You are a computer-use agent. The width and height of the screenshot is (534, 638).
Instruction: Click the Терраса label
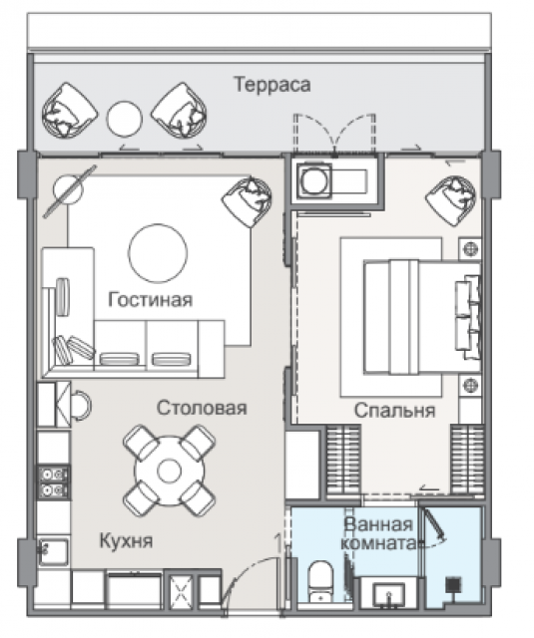pos(272,85)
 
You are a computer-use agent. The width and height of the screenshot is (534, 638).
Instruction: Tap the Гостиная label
pos(151,300)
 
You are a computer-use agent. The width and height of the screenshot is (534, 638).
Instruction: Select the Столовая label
pos(202,408)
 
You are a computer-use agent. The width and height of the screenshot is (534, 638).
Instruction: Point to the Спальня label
pos(394,410)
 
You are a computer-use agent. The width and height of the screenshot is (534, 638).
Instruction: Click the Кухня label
pos(127,541)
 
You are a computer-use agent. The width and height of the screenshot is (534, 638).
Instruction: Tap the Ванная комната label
pos(379,534)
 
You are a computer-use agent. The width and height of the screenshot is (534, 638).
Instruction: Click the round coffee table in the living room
pos(158,252)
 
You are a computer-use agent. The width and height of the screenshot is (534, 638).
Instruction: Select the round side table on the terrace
pos(124,119)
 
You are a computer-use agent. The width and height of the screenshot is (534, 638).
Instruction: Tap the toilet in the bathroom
pos(320,582)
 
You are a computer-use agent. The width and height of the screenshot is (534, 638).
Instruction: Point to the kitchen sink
pos(53,551)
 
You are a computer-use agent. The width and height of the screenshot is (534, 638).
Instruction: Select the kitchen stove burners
pos(53,482)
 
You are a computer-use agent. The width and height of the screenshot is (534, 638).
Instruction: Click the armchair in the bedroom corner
pos(450,201)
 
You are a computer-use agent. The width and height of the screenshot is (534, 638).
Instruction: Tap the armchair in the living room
pos(247,201)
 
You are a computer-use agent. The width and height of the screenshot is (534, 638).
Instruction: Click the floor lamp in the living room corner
pos(69,190)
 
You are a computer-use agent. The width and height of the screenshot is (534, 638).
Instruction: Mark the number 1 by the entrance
pos(278,543)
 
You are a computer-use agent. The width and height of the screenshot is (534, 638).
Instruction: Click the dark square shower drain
pos(453,585)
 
